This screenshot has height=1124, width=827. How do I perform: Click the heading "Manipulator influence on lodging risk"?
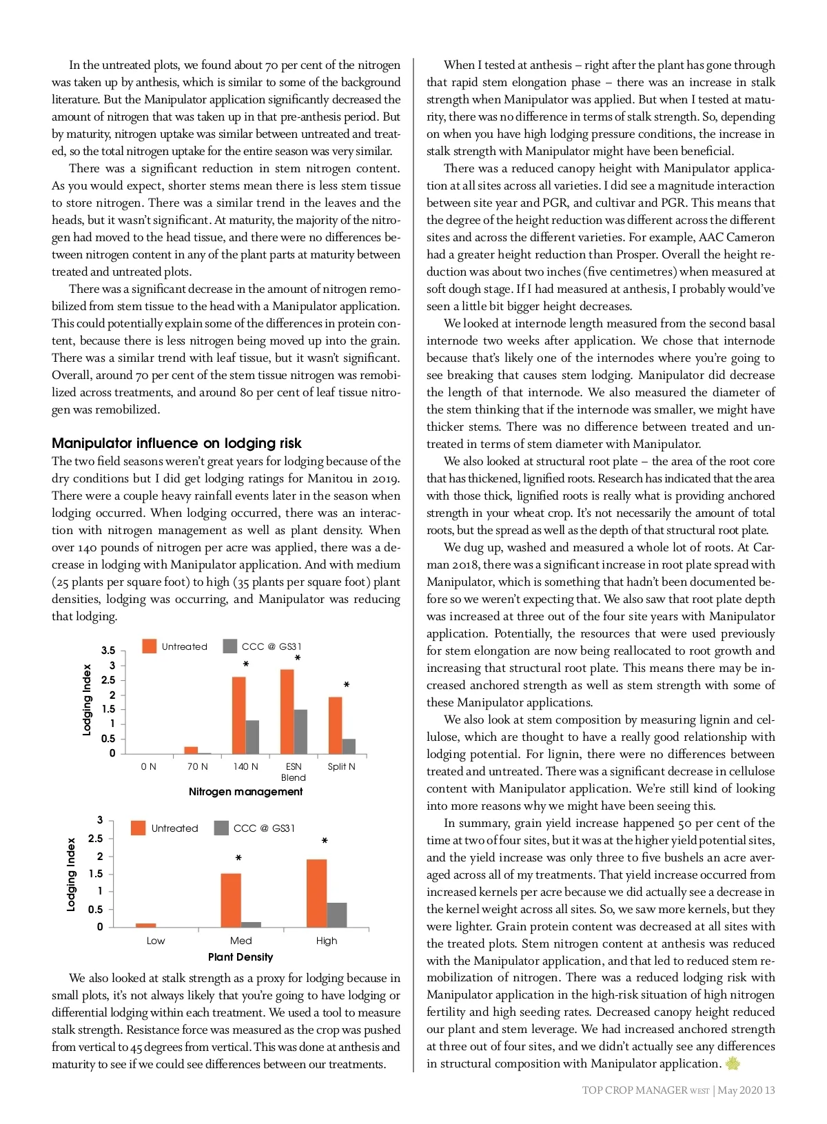pos(176,443)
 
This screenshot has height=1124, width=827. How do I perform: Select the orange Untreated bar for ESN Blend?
pos(287,711)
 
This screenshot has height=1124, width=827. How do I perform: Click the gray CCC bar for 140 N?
pos(252,737)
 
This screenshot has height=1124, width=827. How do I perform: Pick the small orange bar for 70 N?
pos(191,750)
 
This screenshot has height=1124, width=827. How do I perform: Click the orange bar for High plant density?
pos(316,893)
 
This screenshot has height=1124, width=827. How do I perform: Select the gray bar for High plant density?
pos(337,914)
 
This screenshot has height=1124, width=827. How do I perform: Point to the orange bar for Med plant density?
pos(231,900)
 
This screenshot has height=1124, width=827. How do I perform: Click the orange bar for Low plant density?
pos(145,925)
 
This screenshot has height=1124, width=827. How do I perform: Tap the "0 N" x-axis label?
pos(148,766)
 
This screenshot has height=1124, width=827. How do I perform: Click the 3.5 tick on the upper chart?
pos(108,651)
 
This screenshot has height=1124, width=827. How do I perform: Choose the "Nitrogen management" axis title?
pos(245,792)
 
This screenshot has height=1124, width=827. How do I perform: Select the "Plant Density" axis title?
pos(241,957)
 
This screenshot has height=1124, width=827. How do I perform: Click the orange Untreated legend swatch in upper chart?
pos(149,646)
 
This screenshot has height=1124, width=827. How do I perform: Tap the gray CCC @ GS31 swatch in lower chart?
pos(221,828)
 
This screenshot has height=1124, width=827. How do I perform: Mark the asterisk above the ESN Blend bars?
pos(297,659)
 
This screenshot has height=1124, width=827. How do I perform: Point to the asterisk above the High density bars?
pos(325,841)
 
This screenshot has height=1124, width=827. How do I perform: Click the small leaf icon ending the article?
pos(733,1063)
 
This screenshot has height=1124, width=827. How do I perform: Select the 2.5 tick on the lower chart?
pos(95,839)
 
